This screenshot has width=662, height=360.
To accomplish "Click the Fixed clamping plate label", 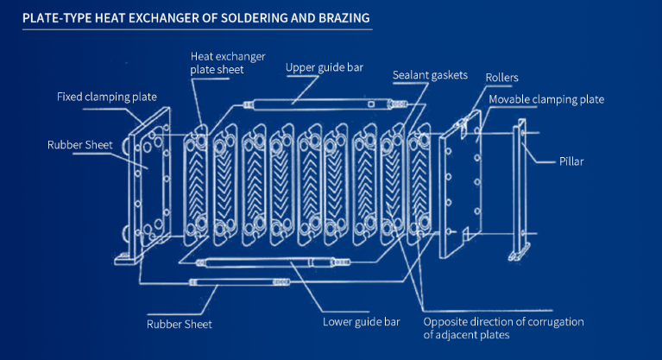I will pyautogui.click(x=107, y=96).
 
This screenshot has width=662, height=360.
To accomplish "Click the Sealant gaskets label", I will pyautogui.click(x=429, y=75).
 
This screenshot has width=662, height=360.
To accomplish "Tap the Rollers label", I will pyautogui.click(x=501, y=78).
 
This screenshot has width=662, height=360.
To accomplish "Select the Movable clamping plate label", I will pyautogui.click(x=546, y=99).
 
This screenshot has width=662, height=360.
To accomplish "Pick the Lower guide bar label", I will pyautogui.click(x=361, y=322).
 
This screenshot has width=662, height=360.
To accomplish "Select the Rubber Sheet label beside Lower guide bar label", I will pyautogui.click(x=180, y=325).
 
